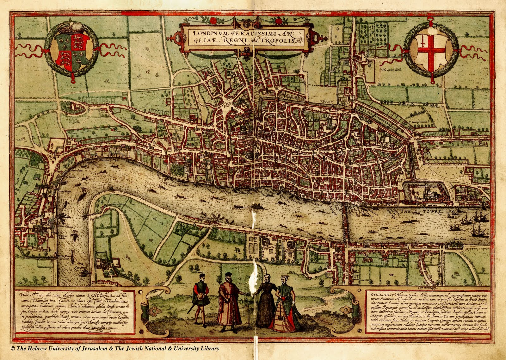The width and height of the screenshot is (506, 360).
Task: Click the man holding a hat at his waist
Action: point(201,297)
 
